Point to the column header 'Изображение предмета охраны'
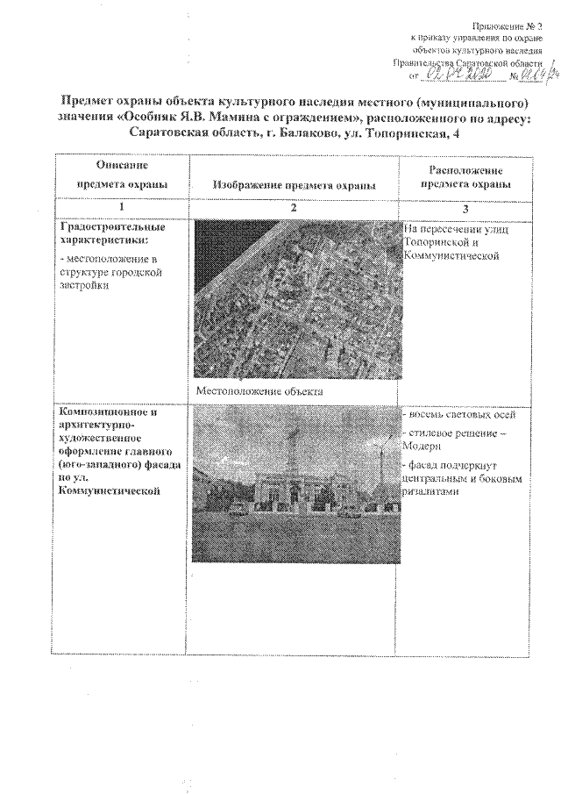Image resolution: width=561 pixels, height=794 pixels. (294, 185)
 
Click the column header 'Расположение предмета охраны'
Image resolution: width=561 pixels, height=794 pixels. (465, 176)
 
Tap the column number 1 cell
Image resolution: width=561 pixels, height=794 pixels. (121, 207)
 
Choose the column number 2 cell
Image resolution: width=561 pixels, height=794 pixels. (294, 207)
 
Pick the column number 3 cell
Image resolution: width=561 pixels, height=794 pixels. (465, 208)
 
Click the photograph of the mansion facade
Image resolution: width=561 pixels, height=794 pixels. (294, 483)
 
